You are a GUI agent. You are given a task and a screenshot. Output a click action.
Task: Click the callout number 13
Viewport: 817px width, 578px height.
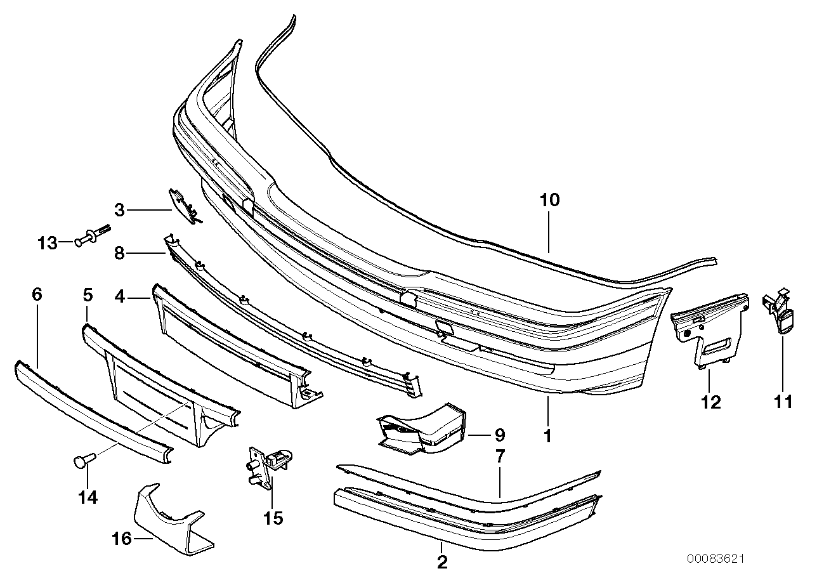(x=47, y=243)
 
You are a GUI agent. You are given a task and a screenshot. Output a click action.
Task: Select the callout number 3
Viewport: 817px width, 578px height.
(x=120, y=209)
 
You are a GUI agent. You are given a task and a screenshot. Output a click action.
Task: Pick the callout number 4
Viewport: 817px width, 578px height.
(x=119, y=295)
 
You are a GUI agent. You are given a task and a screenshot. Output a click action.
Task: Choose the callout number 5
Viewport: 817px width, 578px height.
(x=88, y=294)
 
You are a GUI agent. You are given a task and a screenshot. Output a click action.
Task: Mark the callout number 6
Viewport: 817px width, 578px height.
(x=36, y=294)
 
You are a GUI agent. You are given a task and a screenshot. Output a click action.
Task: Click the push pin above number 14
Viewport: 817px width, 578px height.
(x=82, y=459)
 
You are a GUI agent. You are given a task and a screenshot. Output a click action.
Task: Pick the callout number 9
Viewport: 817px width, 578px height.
(x=499, y=436)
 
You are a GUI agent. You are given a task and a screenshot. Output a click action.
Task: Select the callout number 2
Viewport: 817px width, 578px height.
(x=442, y=562)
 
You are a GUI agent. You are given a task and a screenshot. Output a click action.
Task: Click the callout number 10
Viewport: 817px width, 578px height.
(x=550, y=201)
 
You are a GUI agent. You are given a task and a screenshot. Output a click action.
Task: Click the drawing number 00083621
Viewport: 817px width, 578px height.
(x=715, y=559)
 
